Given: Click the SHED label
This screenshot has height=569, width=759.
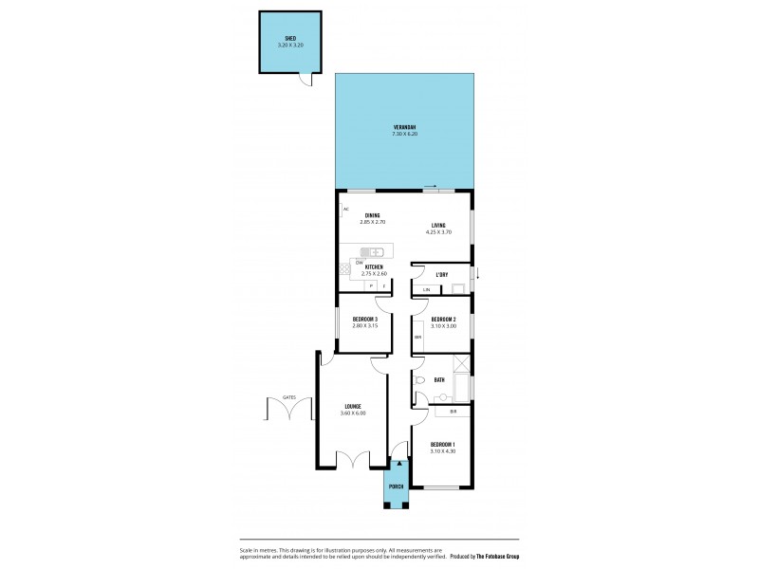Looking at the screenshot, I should tap(290, 39).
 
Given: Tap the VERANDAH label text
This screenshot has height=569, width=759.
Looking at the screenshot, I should tap(404, 128).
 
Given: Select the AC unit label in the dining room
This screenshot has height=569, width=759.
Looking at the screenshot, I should tap(346, 209).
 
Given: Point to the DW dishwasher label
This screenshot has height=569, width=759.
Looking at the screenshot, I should tap(360, 262).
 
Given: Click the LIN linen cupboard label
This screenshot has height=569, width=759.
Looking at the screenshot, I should tap(427, 289).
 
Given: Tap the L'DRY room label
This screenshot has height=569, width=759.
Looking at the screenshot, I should tap(441, 275).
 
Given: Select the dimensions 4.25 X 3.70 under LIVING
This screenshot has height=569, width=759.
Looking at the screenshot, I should tap(437, 231).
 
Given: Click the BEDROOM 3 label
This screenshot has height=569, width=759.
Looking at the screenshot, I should tap(365, 320).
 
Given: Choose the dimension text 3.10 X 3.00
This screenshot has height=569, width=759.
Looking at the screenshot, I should tap(443, 326).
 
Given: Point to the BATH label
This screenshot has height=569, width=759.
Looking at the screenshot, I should tap(439, 379).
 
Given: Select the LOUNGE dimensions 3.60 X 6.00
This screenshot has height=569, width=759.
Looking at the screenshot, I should tap(352, 413).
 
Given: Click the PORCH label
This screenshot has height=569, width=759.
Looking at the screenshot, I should tap(397, 486).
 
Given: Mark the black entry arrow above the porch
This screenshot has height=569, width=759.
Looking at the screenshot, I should tap(398, 464).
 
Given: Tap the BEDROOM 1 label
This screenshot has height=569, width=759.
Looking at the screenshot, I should tap(443, 445).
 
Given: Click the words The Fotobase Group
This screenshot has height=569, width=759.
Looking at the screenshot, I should tap(508, 556).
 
